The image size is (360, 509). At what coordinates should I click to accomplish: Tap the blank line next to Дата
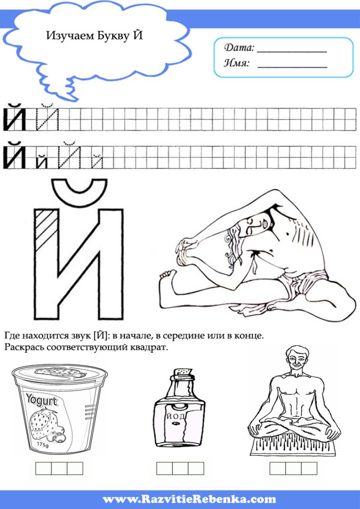coord(292,49)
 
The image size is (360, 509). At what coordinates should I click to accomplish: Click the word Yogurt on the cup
coord(42,401)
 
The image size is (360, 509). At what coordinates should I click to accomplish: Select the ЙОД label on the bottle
coord(179,417)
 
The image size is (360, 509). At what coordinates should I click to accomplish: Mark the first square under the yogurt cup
coord(44,468)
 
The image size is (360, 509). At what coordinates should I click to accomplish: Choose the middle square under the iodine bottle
coord(180,468)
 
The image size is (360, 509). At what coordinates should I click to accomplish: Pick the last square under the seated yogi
coord(309,468)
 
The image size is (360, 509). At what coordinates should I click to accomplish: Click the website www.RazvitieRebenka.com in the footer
coord(189,499)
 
